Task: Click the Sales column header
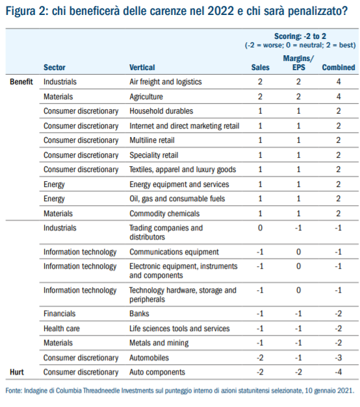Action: [260, 68]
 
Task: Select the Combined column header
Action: [338, 68]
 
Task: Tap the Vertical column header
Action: [142, 68]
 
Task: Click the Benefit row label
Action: [21, 82]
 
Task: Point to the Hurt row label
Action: [17, 372]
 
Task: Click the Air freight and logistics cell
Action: [166, 82]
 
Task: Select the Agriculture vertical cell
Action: [146, 97]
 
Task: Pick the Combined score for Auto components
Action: [338, 372]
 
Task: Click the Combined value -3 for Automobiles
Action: [338, 358]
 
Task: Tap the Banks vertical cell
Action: [139, 314]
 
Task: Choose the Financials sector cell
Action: [59, 314]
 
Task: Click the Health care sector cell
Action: [61, 328]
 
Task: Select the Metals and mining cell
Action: [159, 343]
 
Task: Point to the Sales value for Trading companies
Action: [260, 228]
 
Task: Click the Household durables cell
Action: [161, 111]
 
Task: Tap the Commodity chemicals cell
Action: [164, 214]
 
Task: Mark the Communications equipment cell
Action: [174, 252]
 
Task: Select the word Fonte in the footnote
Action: [14, 390]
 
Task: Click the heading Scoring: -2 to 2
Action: [300, 36]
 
